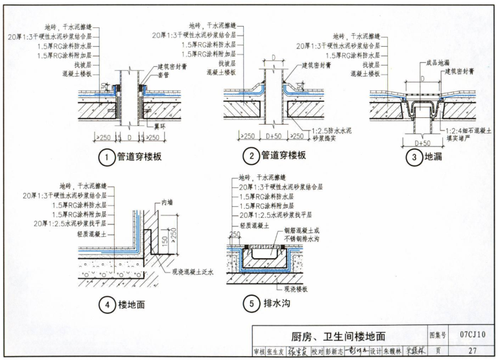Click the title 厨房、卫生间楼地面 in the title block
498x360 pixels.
pos(338,336)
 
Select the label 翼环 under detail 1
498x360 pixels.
pos(160,127)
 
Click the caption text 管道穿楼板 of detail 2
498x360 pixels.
pos(283,156)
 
